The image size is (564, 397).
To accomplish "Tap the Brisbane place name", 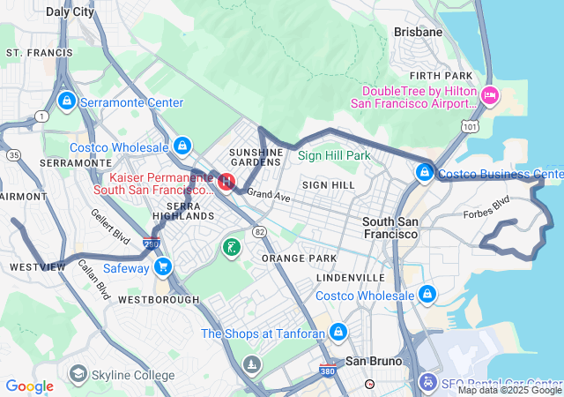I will (418, 32).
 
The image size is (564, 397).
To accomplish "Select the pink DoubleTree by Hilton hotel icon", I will (489, 95).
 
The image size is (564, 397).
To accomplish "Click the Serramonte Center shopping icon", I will (65, 102).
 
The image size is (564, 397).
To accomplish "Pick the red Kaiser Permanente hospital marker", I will (226, 182).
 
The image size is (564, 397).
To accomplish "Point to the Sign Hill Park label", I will (334, 155).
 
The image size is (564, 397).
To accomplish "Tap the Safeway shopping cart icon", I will (162, 266).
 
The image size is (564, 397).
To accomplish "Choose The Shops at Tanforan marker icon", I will (337, 333).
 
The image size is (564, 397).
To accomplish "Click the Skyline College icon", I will (78, 376).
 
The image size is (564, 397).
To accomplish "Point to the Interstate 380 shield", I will (327, 371).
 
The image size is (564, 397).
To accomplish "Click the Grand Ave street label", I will (268, 194).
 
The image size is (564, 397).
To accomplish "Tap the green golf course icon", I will (230, 247).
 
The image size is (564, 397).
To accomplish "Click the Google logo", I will (29, 386).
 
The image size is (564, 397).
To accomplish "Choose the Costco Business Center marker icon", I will (426, 171).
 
